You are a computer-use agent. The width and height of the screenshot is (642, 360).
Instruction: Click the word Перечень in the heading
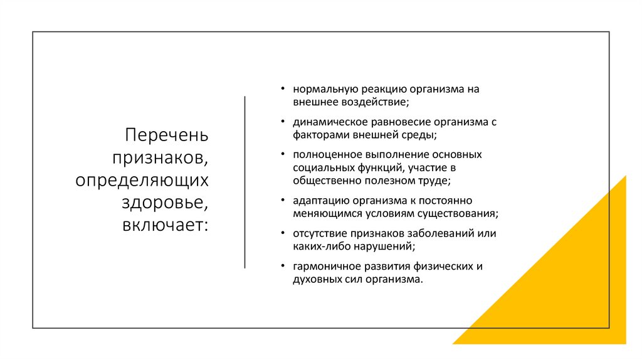point(166,135)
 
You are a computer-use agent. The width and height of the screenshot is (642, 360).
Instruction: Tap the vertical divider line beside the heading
point(245,183)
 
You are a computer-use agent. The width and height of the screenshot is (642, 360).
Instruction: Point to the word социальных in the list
point(320,167)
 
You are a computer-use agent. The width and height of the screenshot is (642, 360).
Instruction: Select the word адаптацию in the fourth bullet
point(317,201)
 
